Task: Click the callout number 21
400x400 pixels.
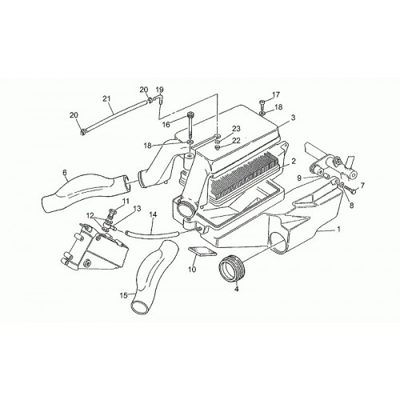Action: click(106, 98)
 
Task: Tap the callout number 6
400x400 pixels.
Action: click(65, 173)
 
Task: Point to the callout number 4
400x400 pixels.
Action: click(237, 288)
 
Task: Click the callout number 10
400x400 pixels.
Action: click(192, 270)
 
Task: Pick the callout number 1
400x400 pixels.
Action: click(338, 229)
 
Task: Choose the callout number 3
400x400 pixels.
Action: click(293, 118)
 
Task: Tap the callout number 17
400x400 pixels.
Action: click(276, 95)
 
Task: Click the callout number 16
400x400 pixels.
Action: click(166, 125)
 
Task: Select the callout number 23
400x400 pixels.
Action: click(236, 129)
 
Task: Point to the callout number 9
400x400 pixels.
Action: click(299, 178)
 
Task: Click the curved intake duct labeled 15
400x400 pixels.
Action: click(153, 272)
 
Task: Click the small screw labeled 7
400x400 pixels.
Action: click(351, 190)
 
